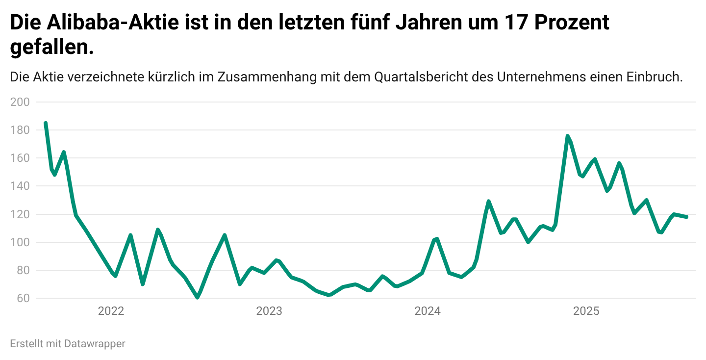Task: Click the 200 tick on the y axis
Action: [20, 102]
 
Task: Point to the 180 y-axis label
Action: [20, 130]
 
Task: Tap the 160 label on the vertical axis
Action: [20, 158]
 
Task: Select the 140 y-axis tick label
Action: [20, 186]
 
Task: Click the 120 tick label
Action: [20, 214]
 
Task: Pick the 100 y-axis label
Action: [20, 242]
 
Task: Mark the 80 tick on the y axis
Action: [23, 270]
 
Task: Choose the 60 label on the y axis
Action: [23, 298]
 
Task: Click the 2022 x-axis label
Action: [111, 311]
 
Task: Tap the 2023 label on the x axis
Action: [269, 311]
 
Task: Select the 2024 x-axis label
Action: [428, 311]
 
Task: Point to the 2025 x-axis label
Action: [586, 311]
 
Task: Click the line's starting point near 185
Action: [46, 123]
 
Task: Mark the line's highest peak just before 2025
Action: [568, 136]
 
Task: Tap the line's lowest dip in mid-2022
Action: [198, 297]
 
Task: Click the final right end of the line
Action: [686, 217]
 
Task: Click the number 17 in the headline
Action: [516, 23]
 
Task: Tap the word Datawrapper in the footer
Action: [95, 344]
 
